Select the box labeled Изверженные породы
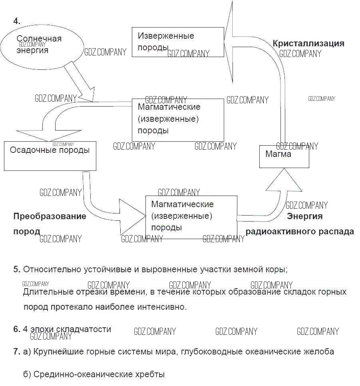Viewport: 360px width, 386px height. pyautogui.click(x=178, y=42)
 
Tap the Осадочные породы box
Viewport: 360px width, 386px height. pyautogui.click(x=50, y=156)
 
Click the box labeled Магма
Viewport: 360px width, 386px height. pyautogui.click(x=284, y=156)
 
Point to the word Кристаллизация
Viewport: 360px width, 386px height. pyautogui.click(x=308, y=44)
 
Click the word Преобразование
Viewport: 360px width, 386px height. pyautogui.click(x=50, y=216)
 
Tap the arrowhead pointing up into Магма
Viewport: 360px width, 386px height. pyautogui.click(x=284, y=182)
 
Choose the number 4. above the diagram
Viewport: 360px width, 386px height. pyautogui.click(x=17, y=21)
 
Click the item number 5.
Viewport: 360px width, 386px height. pyautogui.click(x=17, y=269)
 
